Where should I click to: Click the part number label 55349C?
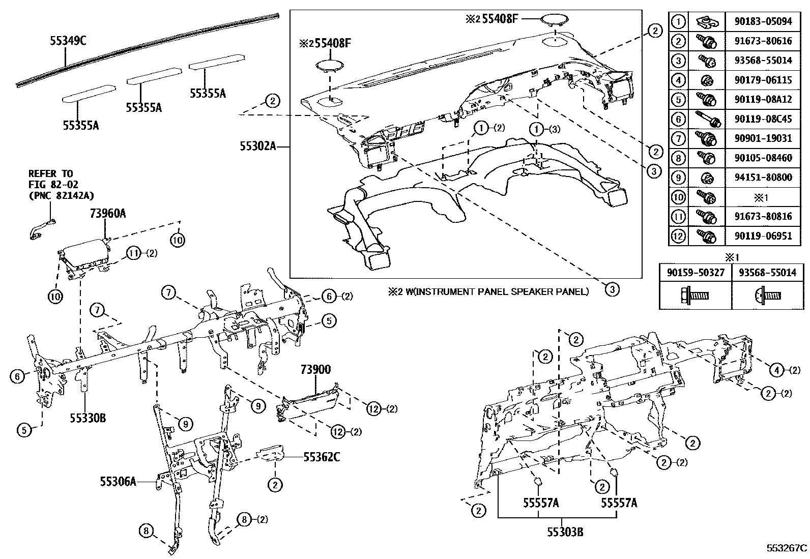[68, 41]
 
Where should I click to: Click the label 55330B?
[88, 418]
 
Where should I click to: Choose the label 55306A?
[118, 481]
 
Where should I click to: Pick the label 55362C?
[322, 457]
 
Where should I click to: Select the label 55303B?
[565, 533]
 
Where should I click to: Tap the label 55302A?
[258, 146]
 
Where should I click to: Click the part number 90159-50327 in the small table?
[696, 273]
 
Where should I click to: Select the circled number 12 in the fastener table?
[678, 236]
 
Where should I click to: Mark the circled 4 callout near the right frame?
[776, 370]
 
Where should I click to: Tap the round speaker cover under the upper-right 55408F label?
[554, 19]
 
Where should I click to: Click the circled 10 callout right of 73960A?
[178, 239]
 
